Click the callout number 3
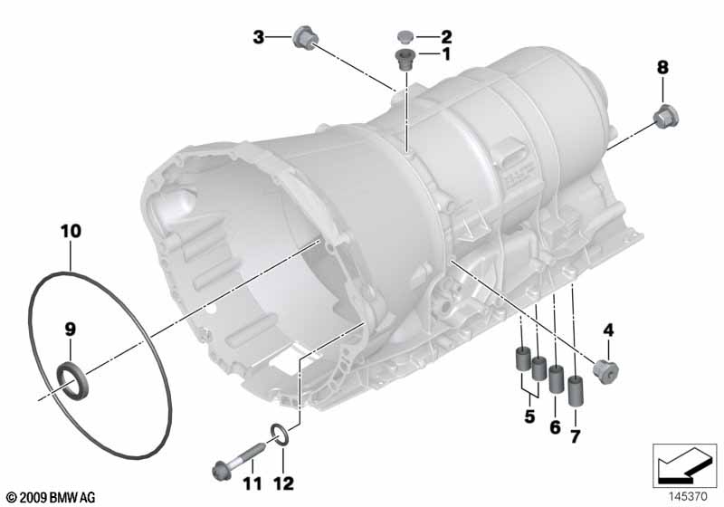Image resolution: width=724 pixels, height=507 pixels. pyautogui.click(x=259, y=37)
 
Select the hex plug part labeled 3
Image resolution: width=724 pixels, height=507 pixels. pyautogui.click(x=305, y=38)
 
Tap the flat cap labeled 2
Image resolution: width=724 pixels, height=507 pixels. pyautogui.click(x=405, y=37)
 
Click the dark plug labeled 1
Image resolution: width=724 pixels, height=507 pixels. pyautogui.click(x=405, y=59)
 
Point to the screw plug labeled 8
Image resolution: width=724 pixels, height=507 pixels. pyautogui.click(x=666, y=117)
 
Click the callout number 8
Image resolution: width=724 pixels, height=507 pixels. pyautogui.click(x=662, y=67)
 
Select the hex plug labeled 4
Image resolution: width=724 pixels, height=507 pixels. pyautogui.click(x=605, y=370)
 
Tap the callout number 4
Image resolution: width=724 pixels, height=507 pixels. pyautogui.click(x=608, y=330)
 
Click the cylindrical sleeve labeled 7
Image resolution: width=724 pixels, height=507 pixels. pyautogui.click(x=575, y=391)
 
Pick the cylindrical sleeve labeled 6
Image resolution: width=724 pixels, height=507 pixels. pyautogui.click(x=556, y=378)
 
